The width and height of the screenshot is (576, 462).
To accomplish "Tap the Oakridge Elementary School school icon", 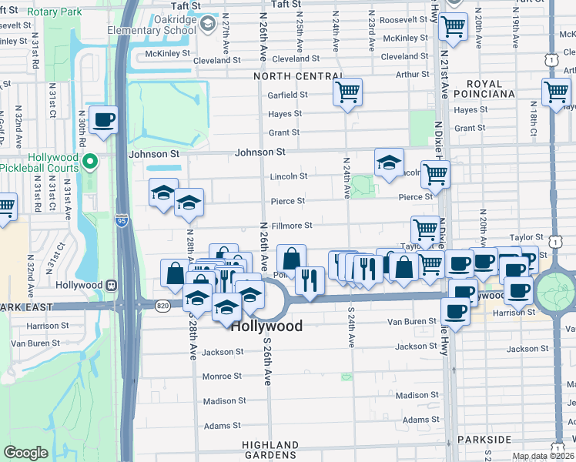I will click(x=207, y=25).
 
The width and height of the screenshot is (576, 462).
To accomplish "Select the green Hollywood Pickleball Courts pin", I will click(x=90, y=161).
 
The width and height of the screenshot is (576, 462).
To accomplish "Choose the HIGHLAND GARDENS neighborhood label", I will click(x=270, y=450).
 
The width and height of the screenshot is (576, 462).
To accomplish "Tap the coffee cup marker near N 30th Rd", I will click(x=103, y=119).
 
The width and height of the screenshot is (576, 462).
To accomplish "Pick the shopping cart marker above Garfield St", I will click(x=348, y=92).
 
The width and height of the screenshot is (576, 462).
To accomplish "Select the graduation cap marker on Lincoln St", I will click(x=389, y=162).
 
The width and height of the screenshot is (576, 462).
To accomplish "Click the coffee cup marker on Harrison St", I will click(x=455, y=311).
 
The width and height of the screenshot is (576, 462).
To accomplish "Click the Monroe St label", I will click(x=222, y=377).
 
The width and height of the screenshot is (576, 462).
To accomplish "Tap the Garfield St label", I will click(x=288, y=95).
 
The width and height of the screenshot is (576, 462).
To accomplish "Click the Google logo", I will click(x=26, y=453).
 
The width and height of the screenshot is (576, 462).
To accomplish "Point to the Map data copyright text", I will click(x=542, y=456).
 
